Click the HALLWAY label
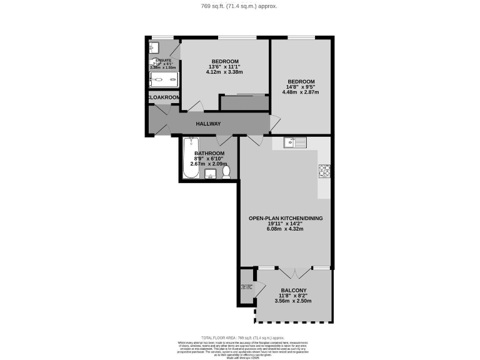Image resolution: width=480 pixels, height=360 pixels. [x=209, y=124]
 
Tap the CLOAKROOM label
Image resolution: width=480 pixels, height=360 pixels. [x=163, y=98]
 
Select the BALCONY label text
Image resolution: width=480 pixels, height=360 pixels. [x=292, y=291]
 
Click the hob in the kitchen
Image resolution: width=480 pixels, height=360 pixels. [x=324, y=170]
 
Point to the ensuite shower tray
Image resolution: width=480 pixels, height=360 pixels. [x=164, y=80]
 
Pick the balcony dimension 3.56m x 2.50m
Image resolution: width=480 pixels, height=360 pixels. [x=292, y=301]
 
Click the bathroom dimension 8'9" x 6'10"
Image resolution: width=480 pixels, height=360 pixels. [x=209, y=159]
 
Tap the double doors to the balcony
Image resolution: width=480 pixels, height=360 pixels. [x=293, y=272]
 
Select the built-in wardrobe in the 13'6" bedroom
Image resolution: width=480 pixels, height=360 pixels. [x=244, y=103]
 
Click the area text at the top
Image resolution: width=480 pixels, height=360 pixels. [x=240, y=6]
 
